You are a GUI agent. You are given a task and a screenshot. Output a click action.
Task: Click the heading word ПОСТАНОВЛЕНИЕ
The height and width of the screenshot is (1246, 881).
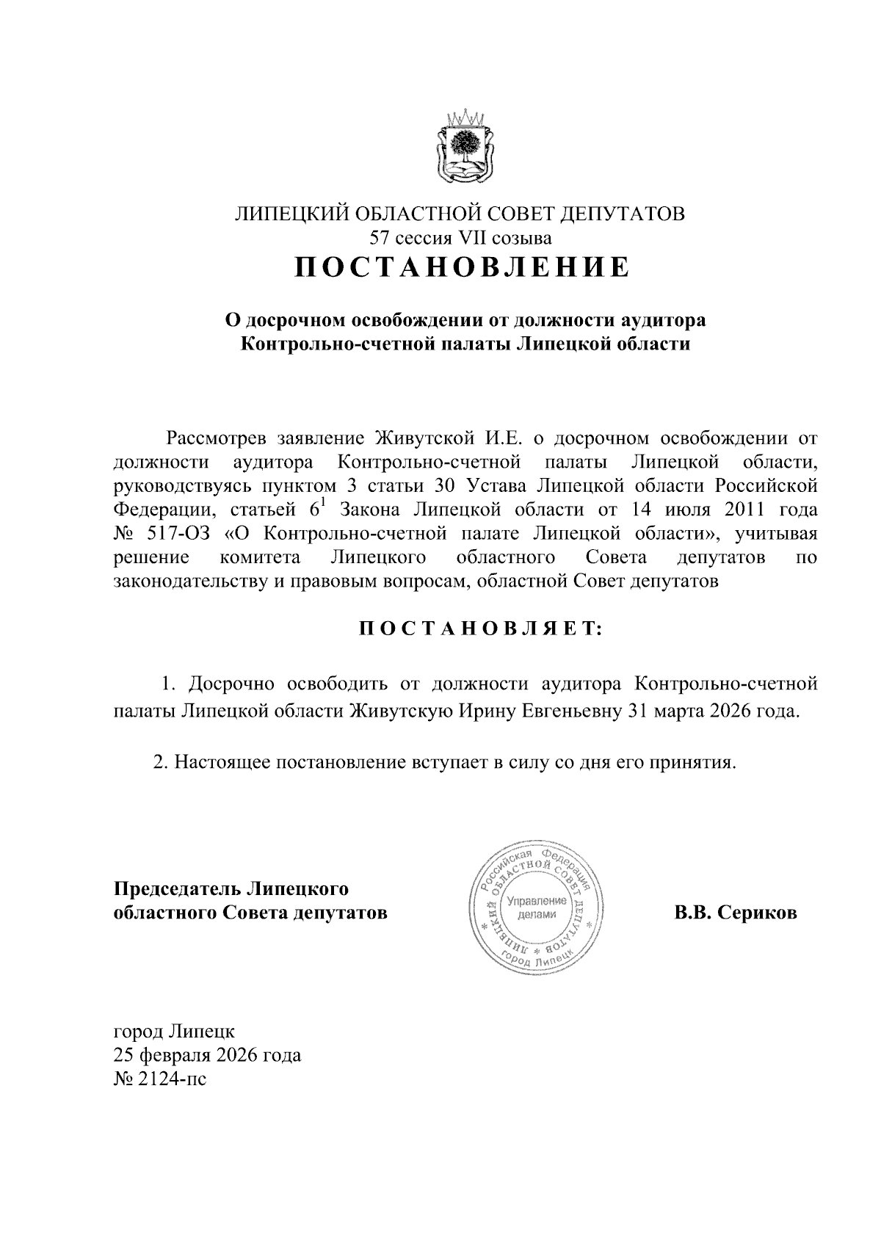(x=462, y=267)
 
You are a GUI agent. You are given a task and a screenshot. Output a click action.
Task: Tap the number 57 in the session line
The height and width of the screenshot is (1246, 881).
(x=382, y=238)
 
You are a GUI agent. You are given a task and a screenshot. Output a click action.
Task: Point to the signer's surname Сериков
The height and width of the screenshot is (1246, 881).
(x=757, y=913)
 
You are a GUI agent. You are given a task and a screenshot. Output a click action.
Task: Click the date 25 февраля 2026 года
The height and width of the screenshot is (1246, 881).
(x=207, y=1056)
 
